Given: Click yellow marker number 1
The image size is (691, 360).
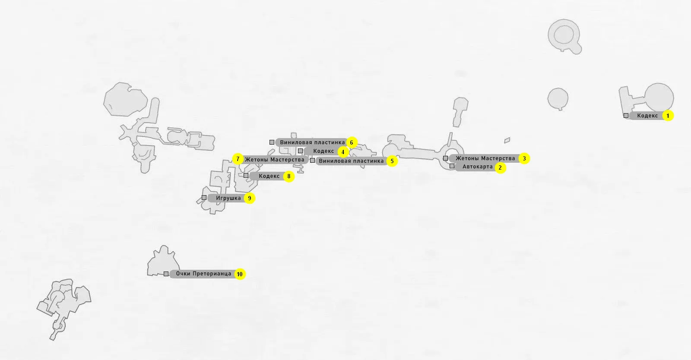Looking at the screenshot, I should [668, 116].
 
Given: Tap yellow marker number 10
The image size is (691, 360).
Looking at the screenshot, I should [240, 274].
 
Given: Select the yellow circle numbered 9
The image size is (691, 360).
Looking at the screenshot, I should [249, 198].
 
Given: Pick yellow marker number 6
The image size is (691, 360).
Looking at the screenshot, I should [352, 142].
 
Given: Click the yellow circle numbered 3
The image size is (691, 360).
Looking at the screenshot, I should [524, 158].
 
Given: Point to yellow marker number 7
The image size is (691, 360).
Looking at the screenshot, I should [238, 159].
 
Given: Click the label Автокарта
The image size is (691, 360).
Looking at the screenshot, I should [477, 167].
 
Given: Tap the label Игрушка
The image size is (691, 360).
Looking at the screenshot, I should [228, 198].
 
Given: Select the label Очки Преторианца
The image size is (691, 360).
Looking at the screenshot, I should [203, 274].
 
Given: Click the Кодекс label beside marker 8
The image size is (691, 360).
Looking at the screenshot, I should [269, 176].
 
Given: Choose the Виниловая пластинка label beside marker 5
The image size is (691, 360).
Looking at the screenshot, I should [351, 161].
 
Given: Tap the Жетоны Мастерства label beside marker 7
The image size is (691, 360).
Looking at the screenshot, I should [275, 160].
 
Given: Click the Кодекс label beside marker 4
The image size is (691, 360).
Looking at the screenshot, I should [323, 151].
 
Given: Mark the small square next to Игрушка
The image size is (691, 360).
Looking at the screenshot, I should [204, 198].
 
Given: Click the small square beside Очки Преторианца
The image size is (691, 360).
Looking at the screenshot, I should [166, 274].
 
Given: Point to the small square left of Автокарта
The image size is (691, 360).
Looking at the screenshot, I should [452, 166].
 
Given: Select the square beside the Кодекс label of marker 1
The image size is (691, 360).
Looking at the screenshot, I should [626, 115].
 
